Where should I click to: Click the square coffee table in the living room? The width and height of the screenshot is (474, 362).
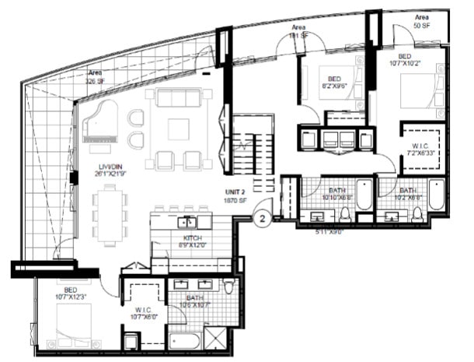click(178, 128)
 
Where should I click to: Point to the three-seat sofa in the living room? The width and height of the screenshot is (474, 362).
click(178, 99)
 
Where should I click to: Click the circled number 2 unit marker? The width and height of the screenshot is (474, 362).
click(263, 220)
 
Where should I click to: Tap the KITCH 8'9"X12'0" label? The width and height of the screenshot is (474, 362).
click(192, 241)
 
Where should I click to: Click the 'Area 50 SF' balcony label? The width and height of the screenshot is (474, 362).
click(421, 21)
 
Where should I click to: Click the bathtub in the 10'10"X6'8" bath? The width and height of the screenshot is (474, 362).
click(363, 194)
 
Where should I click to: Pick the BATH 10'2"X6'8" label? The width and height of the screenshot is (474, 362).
click(407, 194)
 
